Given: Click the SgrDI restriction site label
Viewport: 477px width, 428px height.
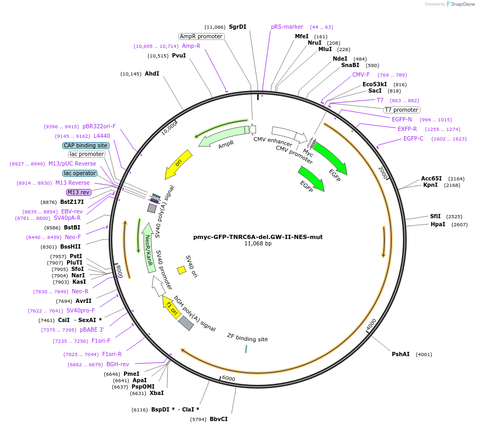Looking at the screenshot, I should click(x=237, y=27).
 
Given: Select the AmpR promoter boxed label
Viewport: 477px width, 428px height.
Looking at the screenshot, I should click(x=201, y=36).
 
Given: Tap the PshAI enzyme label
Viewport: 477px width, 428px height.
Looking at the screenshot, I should click(x=401, y=354).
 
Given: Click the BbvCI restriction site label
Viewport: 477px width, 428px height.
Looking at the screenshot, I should click(x=218, y=419).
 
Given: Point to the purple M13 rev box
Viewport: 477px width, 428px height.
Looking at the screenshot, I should click(x=78, y=192).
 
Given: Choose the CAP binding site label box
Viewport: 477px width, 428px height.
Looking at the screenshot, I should click(x=86, y=145).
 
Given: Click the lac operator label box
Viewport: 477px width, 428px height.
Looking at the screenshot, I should click(x=80, y=173).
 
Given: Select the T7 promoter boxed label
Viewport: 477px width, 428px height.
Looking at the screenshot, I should click(x=401, y=110).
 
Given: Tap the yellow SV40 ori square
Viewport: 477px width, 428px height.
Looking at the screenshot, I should click(x=182, y=270).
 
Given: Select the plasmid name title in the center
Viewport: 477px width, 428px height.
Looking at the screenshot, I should click(x=258, y=237).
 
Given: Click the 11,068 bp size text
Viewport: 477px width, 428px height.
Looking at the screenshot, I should click(x=258, y=244).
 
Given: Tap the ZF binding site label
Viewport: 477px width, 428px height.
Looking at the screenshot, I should click(x=247, y=338).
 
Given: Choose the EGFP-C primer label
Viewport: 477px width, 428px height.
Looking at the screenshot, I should click(x=413, y=138).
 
